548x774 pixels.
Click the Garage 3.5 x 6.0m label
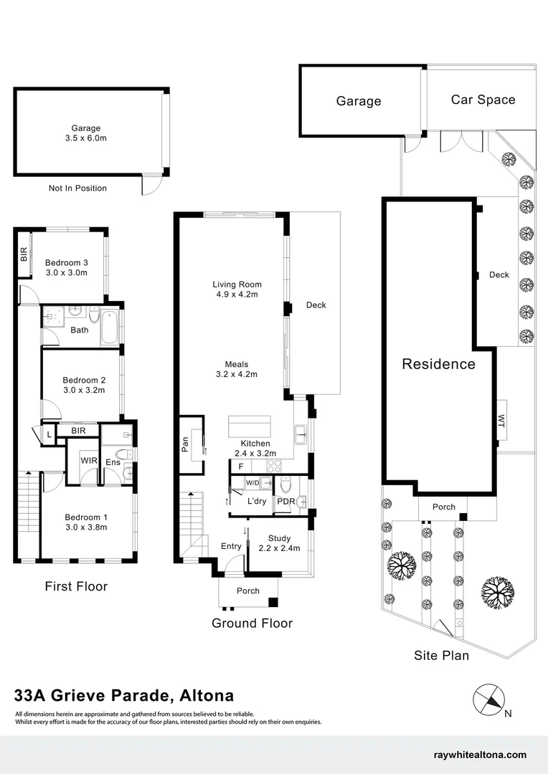click(x=85, y=133)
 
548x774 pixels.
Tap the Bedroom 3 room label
click(x=66, y=262)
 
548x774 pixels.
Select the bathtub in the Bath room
click(x=110, y=328)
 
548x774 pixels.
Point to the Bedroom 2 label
click(x=84, y=380)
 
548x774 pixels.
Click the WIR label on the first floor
click(x=89, y=460)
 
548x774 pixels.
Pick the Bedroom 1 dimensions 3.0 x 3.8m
click(x=85, y=527)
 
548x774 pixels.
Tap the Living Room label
click(x=237, y=285)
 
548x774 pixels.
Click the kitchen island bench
click(x=250, y=427)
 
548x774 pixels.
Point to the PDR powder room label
click(x=286, y=501)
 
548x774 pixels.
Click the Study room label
click(x=279, y=538)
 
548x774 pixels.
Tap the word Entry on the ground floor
click(x=231, y=546)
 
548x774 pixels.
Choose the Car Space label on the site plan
click(x=483, y=100)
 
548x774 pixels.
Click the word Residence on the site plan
click(x=438, y=364)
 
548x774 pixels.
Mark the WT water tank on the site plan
click(x=501, y=422)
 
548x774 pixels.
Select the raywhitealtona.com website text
click(x=481, y=755)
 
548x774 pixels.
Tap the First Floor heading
click(x=76, y=586)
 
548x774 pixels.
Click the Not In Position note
click(x=77, y=188)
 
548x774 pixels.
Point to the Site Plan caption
click(x=441, y=655)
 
